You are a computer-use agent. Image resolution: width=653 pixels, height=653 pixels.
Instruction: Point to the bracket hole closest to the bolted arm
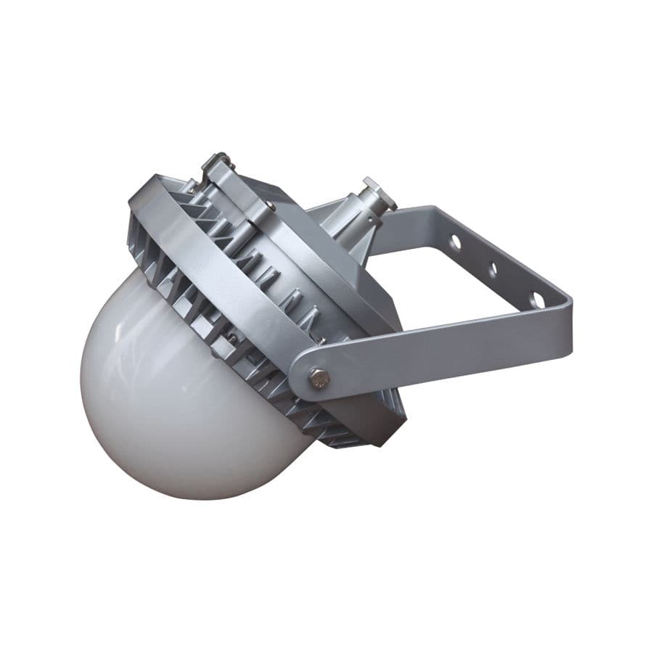(537, 299)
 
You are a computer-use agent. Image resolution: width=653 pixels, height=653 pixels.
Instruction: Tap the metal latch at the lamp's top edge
(215, 164)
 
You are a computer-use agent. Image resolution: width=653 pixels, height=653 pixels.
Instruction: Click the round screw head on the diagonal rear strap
(269, 206)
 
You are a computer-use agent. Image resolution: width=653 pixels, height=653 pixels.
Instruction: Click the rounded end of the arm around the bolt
(301, 377)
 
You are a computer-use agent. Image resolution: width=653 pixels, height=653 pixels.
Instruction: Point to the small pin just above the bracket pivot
(320, 340)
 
